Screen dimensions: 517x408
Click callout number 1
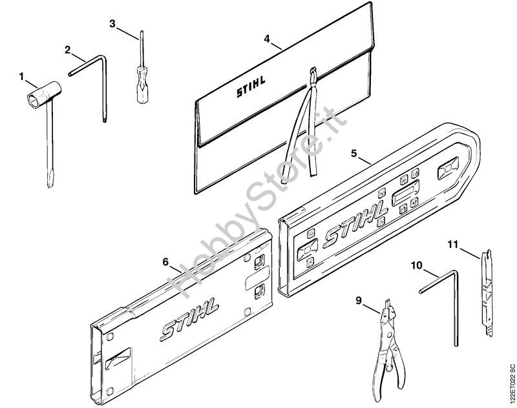pyautogui.click(x=21, y=77)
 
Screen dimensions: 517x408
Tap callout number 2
pyautogui.click(x=68, y=50)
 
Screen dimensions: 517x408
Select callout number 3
pyautogui.click(x=112, y=24)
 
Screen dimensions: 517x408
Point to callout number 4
pyautogui.click(x=267, y=39)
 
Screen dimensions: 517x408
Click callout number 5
pyautogui.click(x=353, y=153)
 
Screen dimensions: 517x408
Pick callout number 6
pyautogui.click(x=165, y=262)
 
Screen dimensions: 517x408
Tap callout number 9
pyautogui.click(x=359, y=300)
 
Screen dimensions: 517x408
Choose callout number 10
pyautogui.click(x=417, y=265)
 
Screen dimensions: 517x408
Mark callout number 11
pyautogui.click(x=453, y=244)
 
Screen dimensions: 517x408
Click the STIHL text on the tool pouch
pyautogui.click(x=251, y=87)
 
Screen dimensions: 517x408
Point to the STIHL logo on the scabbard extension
pyautogui.click(x=189, y=319)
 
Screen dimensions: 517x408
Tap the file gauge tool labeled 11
pyautogui.click(x=487, y=292)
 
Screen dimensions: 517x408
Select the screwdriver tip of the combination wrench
pyautogui.click(x=50, y=180)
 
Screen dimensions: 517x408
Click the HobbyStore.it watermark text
pyautogui.click(x=257, y=201)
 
